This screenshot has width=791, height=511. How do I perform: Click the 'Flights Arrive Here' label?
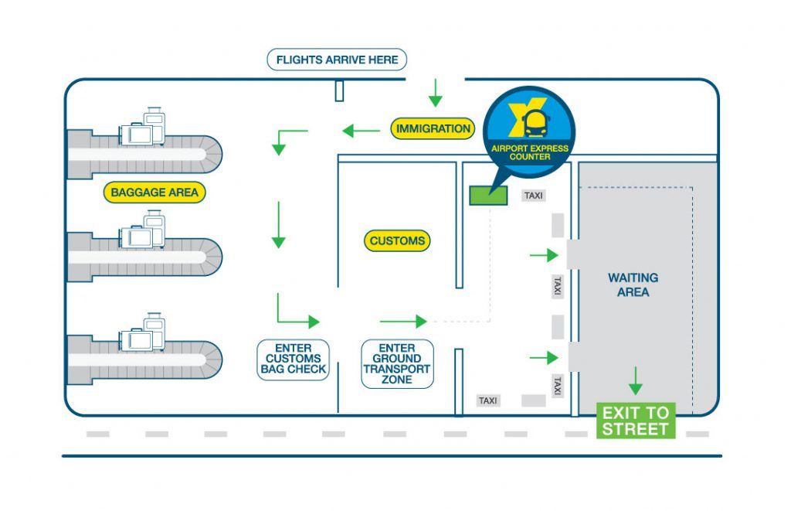pos(337,60)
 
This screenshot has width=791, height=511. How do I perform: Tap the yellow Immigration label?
pos(433,129)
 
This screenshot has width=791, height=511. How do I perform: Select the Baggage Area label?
pos(154,192)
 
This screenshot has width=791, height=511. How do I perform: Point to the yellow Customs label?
pos(397,241)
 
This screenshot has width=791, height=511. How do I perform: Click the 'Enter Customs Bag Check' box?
pos(293,359)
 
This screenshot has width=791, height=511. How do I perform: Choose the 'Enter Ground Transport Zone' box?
pos(397,364)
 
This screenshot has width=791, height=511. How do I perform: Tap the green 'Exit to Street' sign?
pos(636,421)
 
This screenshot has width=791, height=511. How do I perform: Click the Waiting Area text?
pos(633,284)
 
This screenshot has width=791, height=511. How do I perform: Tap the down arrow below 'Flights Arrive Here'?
pos(436,92)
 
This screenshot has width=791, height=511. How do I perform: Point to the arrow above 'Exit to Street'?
pos(636,380)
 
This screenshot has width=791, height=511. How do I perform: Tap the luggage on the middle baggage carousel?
pos(143,231)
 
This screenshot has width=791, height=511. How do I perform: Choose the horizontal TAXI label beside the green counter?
pos(534,196)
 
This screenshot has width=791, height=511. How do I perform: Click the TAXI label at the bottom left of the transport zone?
pos(488,400)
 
